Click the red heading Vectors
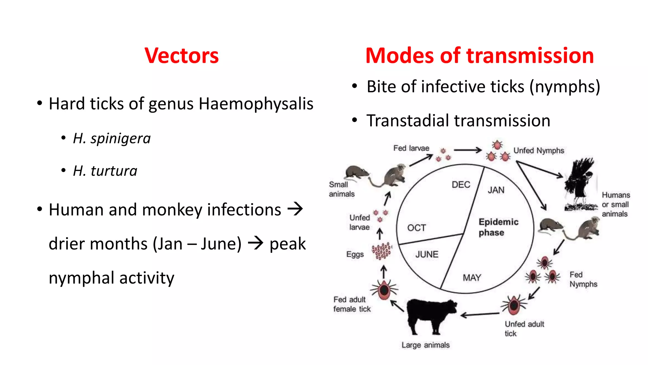tap(181, 56)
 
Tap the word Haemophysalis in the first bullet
tap(256, 104)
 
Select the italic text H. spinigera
tap(112, 138)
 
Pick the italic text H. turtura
tap(105, 171)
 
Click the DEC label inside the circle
tap(461, 185)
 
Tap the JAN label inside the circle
tap(496, 190)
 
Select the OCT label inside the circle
tap(416, 228)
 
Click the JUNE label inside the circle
tap(427, 254)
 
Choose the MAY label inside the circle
tap(472, 278)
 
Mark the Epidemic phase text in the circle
tap(498, 227)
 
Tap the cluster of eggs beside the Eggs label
tap(382, 251)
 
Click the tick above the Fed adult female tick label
tap(384, 290)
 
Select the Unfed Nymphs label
tap(539, 150)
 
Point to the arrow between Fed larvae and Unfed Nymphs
tap(467, 150)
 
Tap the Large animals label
tap(425, 345)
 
